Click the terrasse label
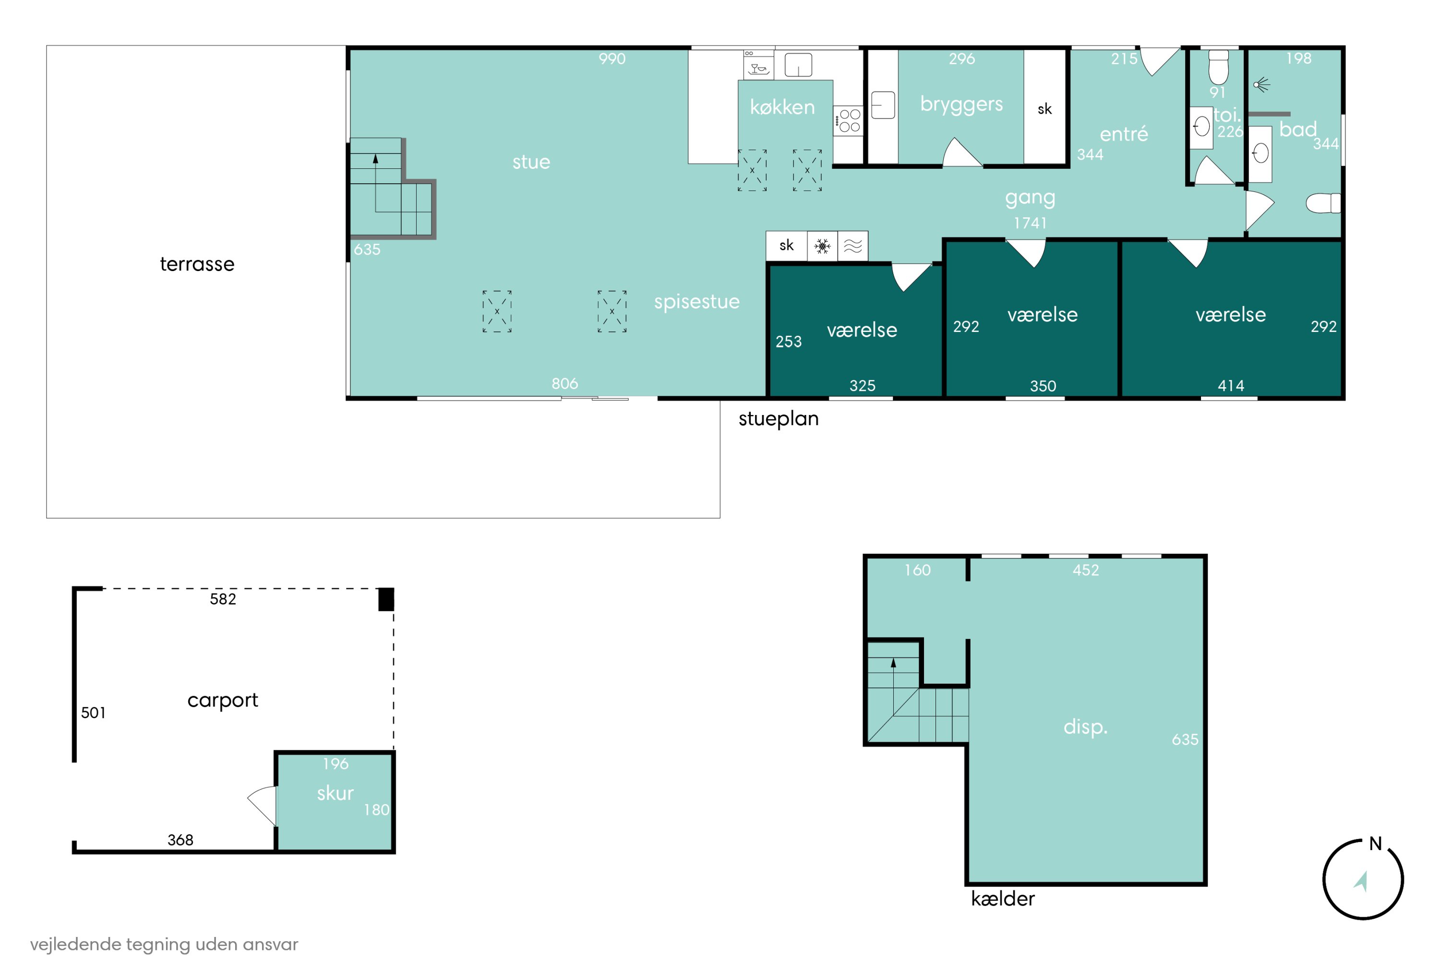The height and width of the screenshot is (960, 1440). pos(197,264)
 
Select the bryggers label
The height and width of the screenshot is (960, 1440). pos(961,105)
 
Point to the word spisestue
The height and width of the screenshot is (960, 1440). pos(696,302)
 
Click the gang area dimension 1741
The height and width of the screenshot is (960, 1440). pos(1030,223)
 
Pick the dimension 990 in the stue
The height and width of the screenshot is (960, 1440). pos(612,59)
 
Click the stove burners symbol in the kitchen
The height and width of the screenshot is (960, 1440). pos(850,120)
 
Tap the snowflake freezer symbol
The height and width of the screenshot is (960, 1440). pos(822,246)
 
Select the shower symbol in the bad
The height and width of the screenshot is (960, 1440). pos(1261,85)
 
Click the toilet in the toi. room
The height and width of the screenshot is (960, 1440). pos(1218,67)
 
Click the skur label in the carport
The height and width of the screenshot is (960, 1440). pos(335,794)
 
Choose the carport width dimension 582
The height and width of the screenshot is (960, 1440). pos(223,599)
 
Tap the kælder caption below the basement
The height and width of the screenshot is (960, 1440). pos(1003,899)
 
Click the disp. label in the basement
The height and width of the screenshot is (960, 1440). pos(1085,727)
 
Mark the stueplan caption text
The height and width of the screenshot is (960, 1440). pos(779,419)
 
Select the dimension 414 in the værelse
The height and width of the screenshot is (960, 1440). pos(1231,386)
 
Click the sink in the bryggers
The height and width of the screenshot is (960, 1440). pos(883,105)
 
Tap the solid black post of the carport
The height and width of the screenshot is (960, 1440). pos(386,599)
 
